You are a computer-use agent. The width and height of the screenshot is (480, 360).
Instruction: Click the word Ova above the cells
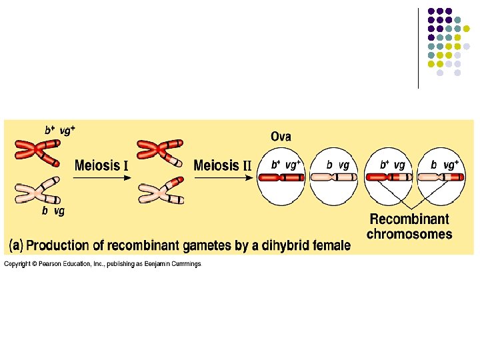pyautogui.click(x=281, y=137)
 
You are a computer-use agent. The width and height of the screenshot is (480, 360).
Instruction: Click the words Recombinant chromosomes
pyautogui.click(x=409, y=227)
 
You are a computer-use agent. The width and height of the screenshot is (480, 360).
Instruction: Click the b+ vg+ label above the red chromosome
pyautogui.click(x=59, y=131)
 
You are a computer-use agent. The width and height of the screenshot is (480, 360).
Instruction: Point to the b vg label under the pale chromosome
pyautogui.click(x=53, y=211)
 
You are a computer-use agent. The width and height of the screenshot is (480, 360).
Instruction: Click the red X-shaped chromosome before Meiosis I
pyautogui.click(x=37, y=152)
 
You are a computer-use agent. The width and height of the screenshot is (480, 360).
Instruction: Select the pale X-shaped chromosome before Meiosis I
pyautogui.click(x=37, y=191)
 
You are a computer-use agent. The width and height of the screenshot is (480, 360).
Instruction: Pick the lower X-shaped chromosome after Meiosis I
pyautogui.click(x=158, y=191)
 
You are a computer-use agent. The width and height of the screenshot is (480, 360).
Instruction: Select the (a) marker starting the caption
pyautogui.click(x=15, y=245)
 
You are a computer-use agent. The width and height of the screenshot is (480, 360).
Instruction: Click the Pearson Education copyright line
pyautogui.click(x=102, y=265)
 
